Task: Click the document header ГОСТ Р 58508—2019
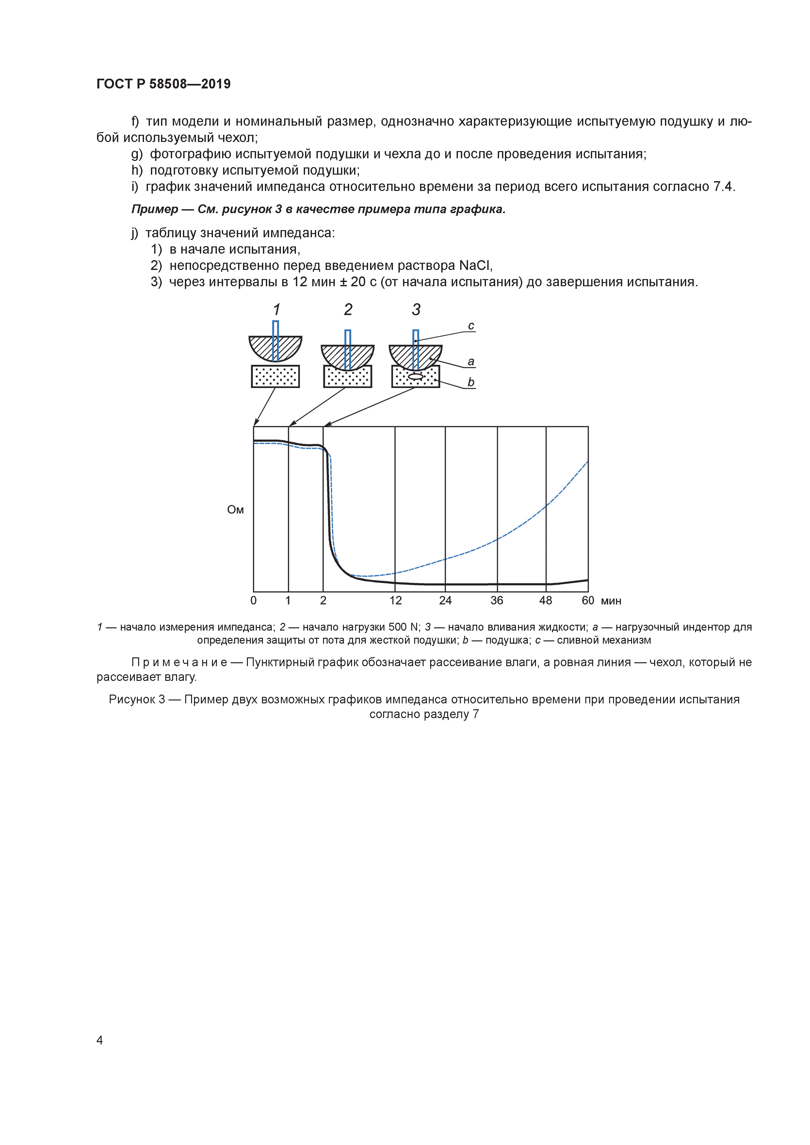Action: tap(163, 84)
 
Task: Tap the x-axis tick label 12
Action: tap(395, 601)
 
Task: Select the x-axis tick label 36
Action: tap(496, 601)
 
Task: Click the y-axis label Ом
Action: tap(235, 510)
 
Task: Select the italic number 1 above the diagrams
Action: tap(276, 310)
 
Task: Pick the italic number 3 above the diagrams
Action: tap(416, 310)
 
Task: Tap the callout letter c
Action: tap(471, 326)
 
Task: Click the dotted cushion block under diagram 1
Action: tap(275, 377)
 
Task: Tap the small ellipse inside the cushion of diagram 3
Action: tap(415, 377)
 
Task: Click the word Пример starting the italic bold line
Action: tap(155, 210)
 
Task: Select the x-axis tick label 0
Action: tap(253, 601)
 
